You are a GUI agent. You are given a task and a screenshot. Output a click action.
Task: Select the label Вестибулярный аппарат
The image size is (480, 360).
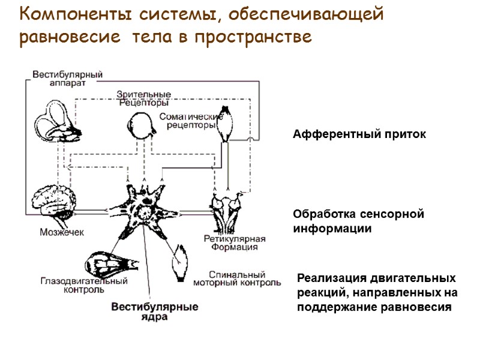point(67,79)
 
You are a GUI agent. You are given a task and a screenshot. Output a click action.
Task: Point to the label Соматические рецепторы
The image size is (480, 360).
point(190,121)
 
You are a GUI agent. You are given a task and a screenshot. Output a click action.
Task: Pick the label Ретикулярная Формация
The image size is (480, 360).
point(230,242)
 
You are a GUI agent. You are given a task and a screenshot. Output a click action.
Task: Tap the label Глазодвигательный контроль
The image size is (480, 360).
point(83,284)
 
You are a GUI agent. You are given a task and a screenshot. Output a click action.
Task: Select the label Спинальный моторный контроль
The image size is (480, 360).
point(244,277)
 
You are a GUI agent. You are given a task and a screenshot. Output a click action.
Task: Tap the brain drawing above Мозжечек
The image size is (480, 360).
point(55,202)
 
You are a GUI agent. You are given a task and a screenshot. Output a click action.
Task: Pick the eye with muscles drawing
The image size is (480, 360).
point(111,262)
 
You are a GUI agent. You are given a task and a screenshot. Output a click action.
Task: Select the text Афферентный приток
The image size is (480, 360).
point(359,135)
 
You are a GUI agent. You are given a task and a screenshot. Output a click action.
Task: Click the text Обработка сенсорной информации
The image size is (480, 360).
point(358,221)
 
